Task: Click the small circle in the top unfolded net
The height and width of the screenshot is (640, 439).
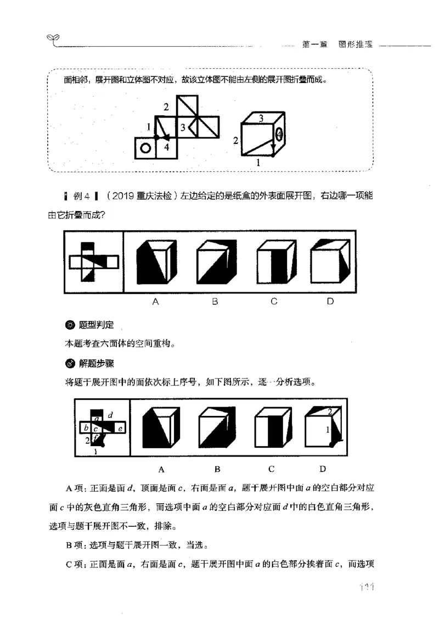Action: point(145,148)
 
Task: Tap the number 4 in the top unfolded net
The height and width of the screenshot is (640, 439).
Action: point(167,147)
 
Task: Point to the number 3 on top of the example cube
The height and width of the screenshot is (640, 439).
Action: point(261,118)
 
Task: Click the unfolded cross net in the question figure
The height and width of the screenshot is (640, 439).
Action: point(94,262)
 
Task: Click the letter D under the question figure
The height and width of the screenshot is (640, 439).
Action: point(330,301)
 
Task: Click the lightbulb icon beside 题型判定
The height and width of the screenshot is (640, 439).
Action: point(70,325)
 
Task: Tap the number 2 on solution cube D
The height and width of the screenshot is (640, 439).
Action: point(329,412)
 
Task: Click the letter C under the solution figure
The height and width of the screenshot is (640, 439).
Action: point(271,469)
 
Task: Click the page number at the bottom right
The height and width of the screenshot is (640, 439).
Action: point(364,589)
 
